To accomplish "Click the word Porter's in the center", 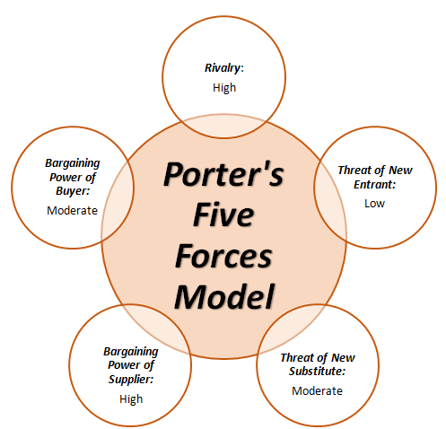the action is click(x=223, y=174).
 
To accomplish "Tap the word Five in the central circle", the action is click(x=223, y=214).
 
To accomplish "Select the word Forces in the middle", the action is click(x=223, y=256).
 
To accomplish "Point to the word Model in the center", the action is click(x=224, y=296).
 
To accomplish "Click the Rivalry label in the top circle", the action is click(x=223, y=68).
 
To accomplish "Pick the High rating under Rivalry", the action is click(x=224, y=88).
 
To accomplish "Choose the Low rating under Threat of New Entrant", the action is click(x=374, y=204).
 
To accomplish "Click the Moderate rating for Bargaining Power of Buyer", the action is click(x=72, y=210).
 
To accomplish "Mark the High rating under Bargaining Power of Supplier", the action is click(x=131, y=399).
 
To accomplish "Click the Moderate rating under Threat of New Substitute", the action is click(x=317, y=390).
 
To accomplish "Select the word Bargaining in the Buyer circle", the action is click(x=73, y=163).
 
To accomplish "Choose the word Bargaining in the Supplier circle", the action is click(x=131, y=352).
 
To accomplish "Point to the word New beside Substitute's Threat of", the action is click(x=343, y=357).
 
